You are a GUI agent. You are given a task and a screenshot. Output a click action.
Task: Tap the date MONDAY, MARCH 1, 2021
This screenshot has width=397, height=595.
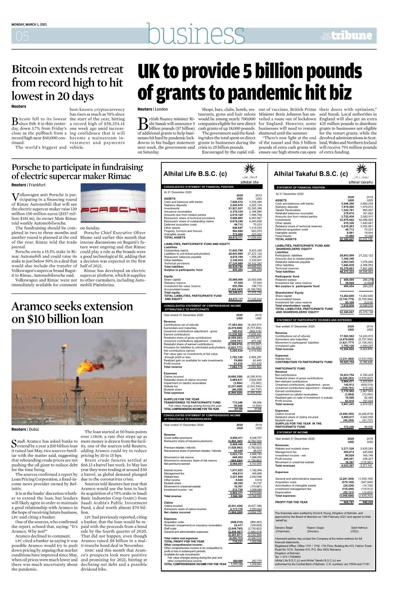tap(29, 25)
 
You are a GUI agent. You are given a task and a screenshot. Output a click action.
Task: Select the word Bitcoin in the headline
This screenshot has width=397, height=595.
tap(32, 70)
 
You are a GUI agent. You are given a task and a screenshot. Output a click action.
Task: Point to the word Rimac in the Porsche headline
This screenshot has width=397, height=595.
tap(118, 176)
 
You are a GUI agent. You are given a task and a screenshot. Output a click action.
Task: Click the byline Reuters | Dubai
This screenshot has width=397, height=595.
tap(25, 429)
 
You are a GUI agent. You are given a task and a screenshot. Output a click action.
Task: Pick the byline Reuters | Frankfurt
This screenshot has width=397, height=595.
tap(28, 185)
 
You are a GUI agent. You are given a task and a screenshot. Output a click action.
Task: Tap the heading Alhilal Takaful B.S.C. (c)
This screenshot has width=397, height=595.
tap(311, 174)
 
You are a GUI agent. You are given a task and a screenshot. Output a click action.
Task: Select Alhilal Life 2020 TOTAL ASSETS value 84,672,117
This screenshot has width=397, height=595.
tap(236, 238)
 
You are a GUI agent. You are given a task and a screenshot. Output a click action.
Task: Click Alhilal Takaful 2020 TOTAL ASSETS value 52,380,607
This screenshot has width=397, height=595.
tap(347, 239)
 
